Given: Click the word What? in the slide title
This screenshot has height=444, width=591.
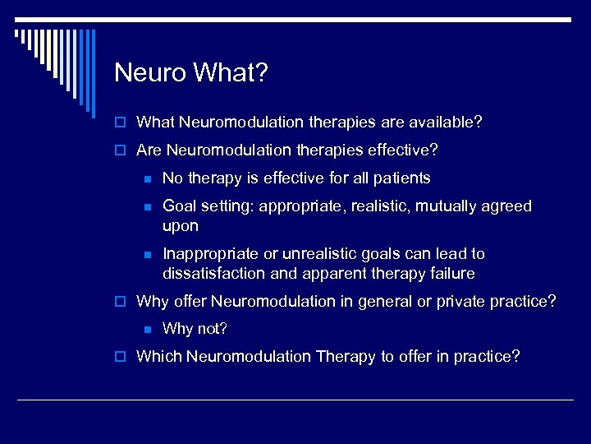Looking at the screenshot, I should (231, 73).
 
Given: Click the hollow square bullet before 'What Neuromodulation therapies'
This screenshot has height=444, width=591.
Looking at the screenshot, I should (121, 123).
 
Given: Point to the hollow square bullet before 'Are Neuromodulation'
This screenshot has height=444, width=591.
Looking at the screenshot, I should (121, 151).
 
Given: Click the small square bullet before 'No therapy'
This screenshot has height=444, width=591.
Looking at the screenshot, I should (147, 178).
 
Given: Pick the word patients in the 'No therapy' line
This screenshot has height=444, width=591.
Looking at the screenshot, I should (402, 178).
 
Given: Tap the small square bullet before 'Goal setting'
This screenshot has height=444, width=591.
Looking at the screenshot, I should (147, 206).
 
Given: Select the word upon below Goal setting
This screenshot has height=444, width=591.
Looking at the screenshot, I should (181, 225).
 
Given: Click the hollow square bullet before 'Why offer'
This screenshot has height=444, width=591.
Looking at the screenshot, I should (121, 302).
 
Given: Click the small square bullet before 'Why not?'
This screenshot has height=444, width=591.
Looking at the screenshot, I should (147, 330).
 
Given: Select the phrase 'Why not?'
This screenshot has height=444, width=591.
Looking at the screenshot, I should (195, 329).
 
